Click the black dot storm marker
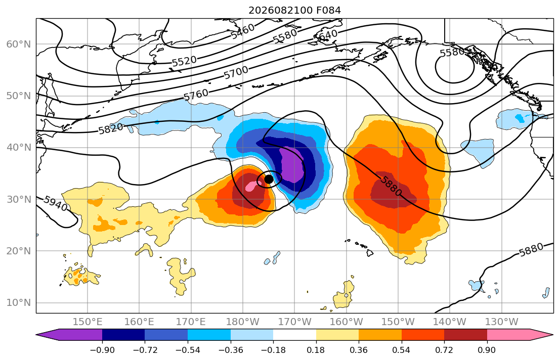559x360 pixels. click(x=269, y=179)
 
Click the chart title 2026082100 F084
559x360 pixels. click(x=294, y=10)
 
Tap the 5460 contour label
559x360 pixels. click(x=242, y=31)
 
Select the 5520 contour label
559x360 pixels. click(x=184, y=61)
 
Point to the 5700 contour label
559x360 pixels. click(x=236, y=73)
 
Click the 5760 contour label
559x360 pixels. click(x=196, y=95)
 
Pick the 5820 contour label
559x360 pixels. click(x=110, y=128)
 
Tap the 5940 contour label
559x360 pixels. click(x=55, y=203)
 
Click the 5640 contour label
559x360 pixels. click(x=325, y=35)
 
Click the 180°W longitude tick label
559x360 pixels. click(x=243, y=322)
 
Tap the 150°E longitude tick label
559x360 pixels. click(x=88, y=322)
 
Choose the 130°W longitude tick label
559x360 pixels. click(x=502, y=322)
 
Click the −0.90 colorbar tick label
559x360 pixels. click(x=102, y=350)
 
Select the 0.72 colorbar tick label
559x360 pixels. click(x=444, y=350)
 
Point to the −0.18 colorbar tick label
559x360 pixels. click(x=273, y=350)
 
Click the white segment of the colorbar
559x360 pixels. click(x=294, y=335)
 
